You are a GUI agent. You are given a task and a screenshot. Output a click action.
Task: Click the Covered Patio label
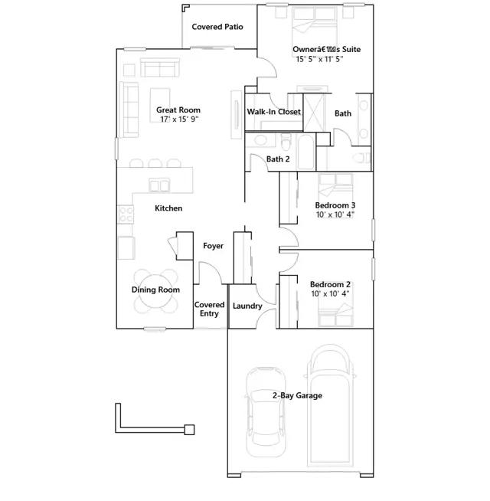(x=217, y=27)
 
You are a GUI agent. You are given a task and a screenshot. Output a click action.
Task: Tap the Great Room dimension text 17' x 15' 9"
(x=179, y=120)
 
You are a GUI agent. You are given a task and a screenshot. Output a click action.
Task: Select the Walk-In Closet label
(x=274, y=112)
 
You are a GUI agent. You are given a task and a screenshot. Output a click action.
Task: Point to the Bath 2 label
(x=278, y=159)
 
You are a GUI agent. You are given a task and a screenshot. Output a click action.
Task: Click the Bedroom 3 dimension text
(x=335, y=214)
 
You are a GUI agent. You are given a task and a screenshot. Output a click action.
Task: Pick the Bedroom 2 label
(x=330, y=284)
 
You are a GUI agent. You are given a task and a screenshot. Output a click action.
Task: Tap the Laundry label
(x=247, y=306)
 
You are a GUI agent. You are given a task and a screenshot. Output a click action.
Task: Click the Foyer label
(x=213, y=246)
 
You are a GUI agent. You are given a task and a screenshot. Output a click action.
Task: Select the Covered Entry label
(x=209, y=309)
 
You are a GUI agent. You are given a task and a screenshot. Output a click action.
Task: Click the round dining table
(x=155, y=291)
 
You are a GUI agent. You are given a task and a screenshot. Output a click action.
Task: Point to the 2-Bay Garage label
(x=297, y=395)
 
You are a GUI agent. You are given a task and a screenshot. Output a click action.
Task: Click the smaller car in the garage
(x=266, y=412)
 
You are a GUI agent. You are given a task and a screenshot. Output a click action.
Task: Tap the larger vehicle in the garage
(x=330, y=405)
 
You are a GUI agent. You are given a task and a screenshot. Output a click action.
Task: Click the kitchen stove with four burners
(x=126, y=214)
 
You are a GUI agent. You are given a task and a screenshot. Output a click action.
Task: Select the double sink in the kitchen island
(x=159, y=185)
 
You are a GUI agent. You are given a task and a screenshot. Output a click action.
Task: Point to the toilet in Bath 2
(x=286, y=142)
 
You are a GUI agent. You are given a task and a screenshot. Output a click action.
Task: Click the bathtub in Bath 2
(x=305, y=152)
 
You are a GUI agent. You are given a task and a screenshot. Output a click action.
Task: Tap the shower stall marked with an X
(x=314, y=112)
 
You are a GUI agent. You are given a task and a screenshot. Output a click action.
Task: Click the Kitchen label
(x=168, y=208)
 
